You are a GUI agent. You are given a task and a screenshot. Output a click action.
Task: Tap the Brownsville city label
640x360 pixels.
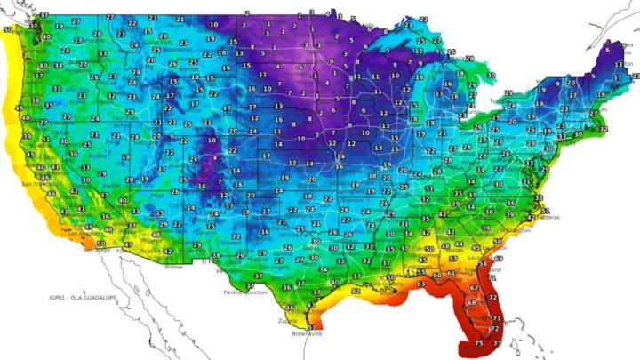point(310,335)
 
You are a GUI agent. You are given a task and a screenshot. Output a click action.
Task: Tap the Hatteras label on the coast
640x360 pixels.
point(540,216)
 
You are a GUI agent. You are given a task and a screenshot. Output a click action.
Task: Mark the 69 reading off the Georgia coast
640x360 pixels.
point(499,258)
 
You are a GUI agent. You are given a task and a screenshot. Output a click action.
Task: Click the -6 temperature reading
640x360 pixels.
point(300,68)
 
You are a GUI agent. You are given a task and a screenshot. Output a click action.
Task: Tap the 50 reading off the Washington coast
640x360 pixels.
point(8,30)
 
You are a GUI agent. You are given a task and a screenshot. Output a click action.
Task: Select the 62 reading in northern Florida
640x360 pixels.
point(472,288)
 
